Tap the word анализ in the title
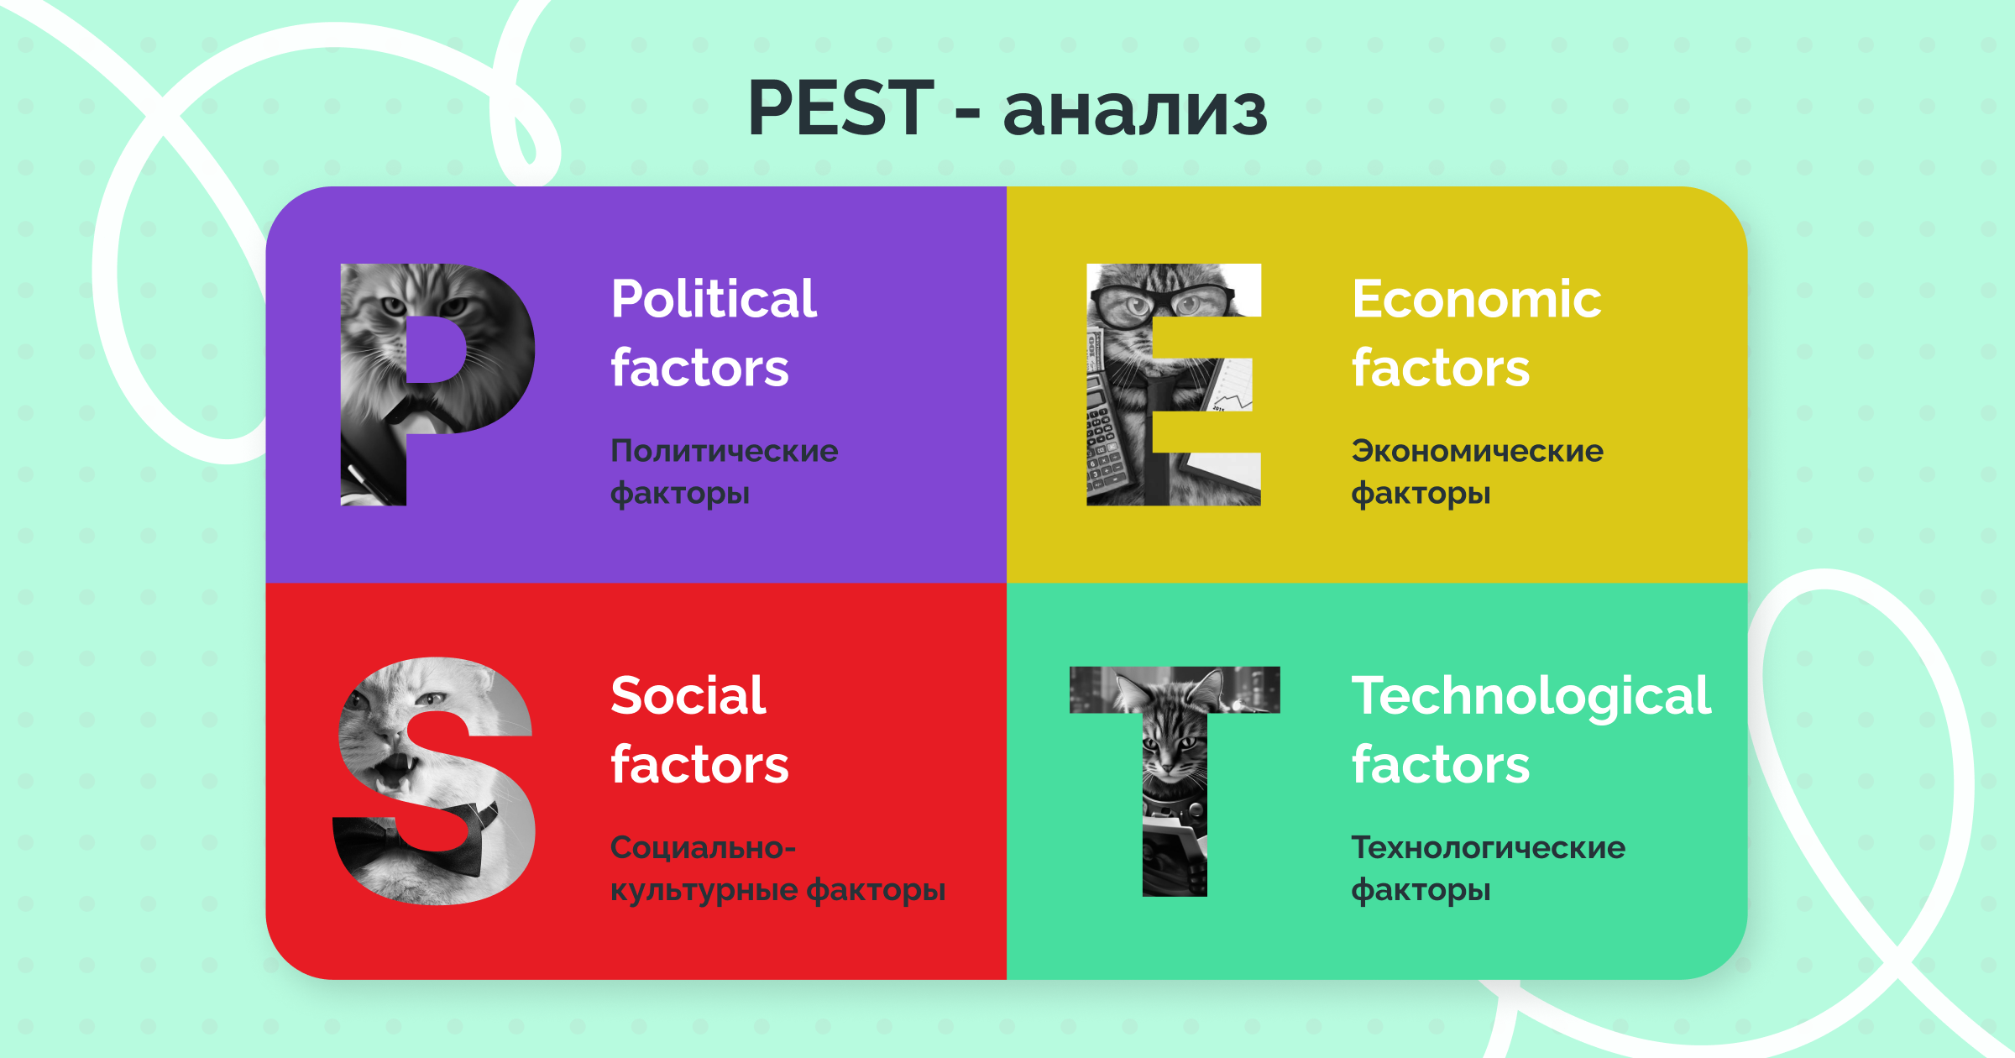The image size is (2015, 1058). [x=1135, y=113]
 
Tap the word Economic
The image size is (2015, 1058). [x=1477, y=299]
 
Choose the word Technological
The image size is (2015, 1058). [x=1531, y=697]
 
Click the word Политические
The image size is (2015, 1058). [x=724, y=451]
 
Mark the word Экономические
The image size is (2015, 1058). [x=1478, y=451]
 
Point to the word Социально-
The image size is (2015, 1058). [x=703, y=847]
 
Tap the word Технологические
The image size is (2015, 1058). [x=1489, y=847]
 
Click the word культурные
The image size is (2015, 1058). [x=703, y=890]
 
